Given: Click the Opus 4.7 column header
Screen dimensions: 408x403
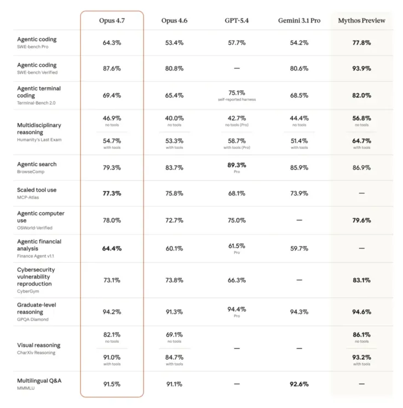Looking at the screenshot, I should [112, 21].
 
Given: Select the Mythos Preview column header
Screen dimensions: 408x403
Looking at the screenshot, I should [361, 21].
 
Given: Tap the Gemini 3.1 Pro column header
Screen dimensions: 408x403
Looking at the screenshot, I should [299, 21].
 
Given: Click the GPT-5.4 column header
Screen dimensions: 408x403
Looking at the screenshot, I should [237, 21].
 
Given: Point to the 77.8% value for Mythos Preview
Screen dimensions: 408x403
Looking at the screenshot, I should [361, 43].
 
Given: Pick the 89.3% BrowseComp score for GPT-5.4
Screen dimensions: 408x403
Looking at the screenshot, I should [237, 165].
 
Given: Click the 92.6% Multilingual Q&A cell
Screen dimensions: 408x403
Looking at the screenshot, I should [299, 384].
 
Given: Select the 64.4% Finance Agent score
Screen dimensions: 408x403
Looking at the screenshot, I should [112, 248].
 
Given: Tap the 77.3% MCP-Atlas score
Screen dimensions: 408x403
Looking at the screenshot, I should [112, 193].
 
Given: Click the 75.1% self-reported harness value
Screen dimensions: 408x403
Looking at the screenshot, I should [237, 93].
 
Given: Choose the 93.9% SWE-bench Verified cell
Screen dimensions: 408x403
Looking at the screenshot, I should [361, 68].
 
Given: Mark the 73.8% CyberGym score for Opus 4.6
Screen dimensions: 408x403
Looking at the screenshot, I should [174, 280].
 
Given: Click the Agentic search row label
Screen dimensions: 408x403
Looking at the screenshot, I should [37, 164].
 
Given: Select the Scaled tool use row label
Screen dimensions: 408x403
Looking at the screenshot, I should [37, 190].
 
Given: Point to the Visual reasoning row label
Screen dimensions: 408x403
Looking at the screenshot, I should [39, 345].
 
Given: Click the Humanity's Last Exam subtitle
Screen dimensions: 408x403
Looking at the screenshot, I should [39, 140].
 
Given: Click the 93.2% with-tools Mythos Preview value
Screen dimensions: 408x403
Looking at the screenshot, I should [361, 357].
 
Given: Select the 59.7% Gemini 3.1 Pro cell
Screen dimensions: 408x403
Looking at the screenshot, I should [299, 248].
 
